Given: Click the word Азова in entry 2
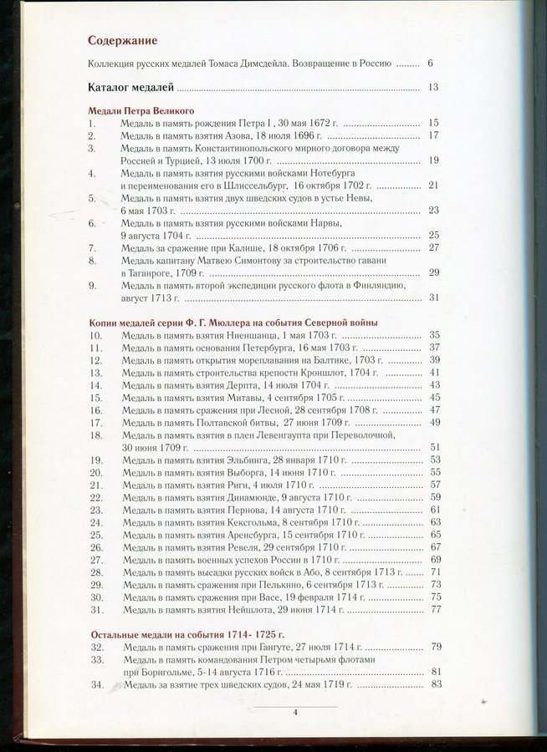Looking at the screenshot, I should [x=252, y=135].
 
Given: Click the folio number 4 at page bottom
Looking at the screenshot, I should [x=296, y=712].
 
